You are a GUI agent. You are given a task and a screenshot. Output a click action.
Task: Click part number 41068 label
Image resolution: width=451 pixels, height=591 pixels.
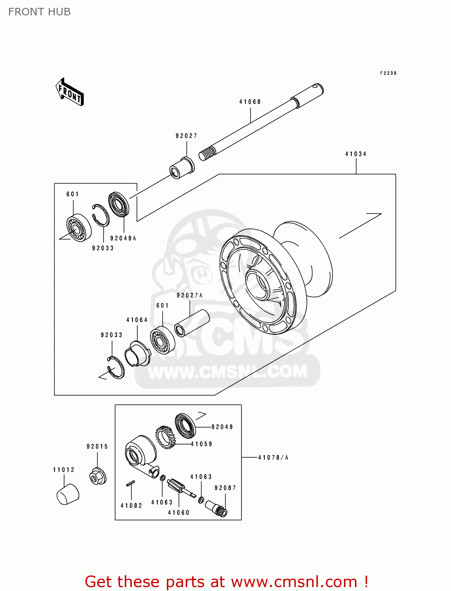[x=250, y=102]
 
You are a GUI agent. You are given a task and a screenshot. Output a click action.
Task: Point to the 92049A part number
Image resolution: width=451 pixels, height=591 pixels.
[x=123, y=238]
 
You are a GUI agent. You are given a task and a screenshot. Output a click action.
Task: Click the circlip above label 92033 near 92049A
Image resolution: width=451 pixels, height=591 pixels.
[x=101, y=215]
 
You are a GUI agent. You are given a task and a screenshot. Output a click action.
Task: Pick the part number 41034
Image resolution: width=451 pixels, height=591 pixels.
[x=356, y=154]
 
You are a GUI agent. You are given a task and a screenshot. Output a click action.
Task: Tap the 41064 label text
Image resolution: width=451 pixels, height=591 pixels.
[x=137, y=320]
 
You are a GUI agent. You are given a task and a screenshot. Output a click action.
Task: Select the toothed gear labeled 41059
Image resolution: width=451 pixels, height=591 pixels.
[x=165, y=437]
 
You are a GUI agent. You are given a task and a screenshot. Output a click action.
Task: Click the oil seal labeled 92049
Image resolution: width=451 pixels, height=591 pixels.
[x=185, y=425]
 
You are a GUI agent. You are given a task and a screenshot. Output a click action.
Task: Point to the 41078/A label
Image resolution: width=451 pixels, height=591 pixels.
[x=273, y=457]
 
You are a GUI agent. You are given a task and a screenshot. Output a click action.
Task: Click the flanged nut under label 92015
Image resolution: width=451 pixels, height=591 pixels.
[x=97, y=476]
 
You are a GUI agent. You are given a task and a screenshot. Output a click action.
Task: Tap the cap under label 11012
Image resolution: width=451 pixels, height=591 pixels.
[x=68, y=494]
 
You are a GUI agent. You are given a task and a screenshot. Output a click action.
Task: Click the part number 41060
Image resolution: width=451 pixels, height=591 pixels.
[x=179, y=513]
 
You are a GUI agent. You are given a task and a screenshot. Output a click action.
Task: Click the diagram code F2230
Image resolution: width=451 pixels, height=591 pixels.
[x=388, y=73]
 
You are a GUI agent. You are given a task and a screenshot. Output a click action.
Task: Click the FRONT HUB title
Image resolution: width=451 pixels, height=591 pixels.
[x=39, y=12]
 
